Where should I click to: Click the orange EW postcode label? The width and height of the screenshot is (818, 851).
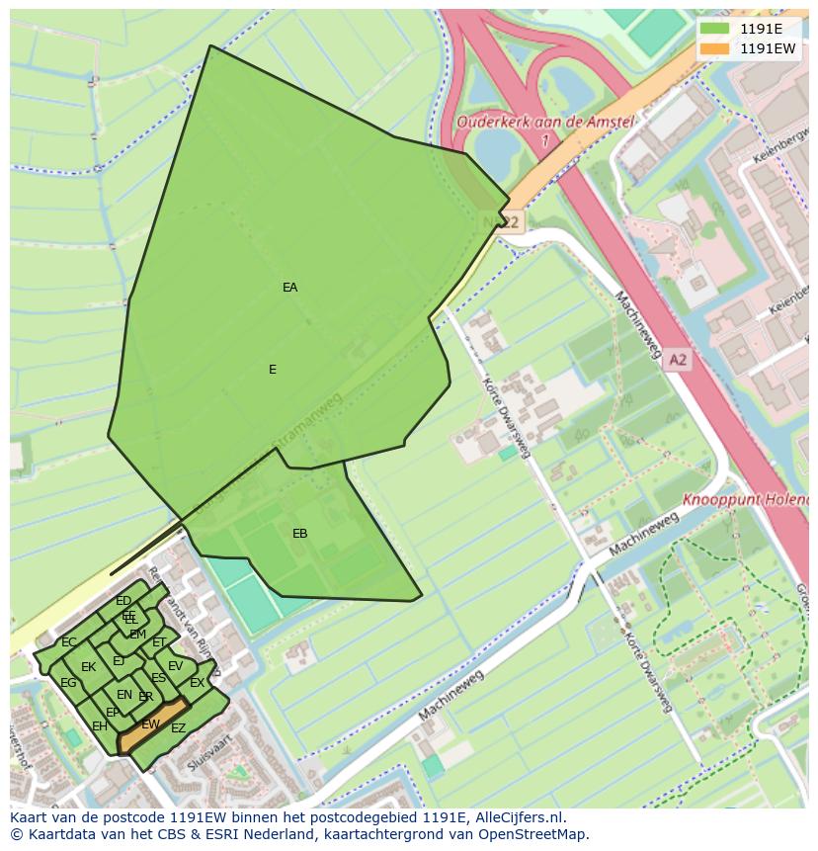150,724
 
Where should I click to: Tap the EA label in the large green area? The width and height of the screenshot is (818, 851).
289,288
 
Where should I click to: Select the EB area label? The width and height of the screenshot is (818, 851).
299,534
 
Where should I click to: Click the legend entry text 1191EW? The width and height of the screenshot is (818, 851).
768,47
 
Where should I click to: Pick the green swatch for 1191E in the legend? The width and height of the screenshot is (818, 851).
714,29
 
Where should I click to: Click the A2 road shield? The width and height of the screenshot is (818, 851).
677,361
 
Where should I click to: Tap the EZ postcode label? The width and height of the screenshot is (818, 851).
178,728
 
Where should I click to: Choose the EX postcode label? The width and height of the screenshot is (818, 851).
197,683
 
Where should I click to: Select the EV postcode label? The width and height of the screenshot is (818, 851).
175,666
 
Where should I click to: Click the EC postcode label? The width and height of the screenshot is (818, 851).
68,642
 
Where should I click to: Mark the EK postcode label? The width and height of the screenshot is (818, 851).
88,667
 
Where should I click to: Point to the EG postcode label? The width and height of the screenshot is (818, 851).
68,683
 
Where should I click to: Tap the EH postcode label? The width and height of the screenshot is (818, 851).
100,726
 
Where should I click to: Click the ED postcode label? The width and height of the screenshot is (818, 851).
123,601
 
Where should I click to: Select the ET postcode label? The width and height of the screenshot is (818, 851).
159,642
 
